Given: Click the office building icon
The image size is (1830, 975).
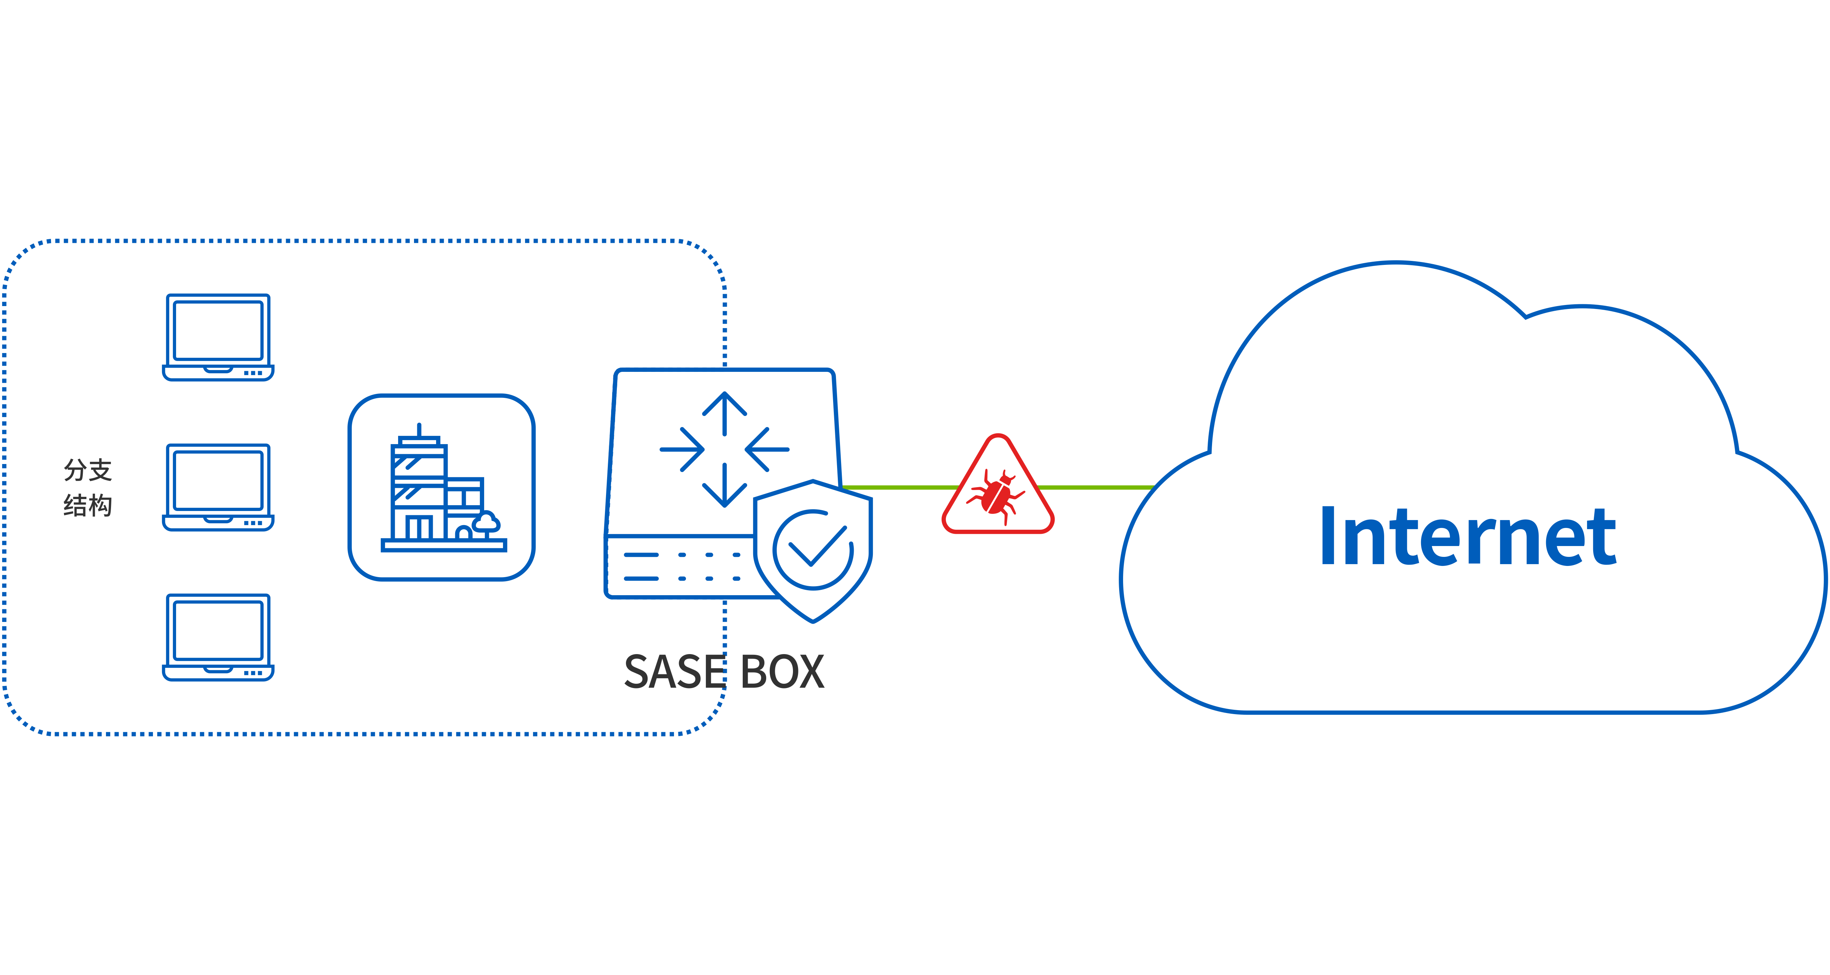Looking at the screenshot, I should (x=441, y=487).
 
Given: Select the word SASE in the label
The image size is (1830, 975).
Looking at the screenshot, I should (x=674, y=672).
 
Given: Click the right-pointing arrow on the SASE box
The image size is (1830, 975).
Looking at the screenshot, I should (x=683, y=449).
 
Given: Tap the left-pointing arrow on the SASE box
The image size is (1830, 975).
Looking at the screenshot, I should (x=766, y=449).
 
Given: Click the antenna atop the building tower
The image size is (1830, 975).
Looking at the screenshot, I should (x=419, y=430).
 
